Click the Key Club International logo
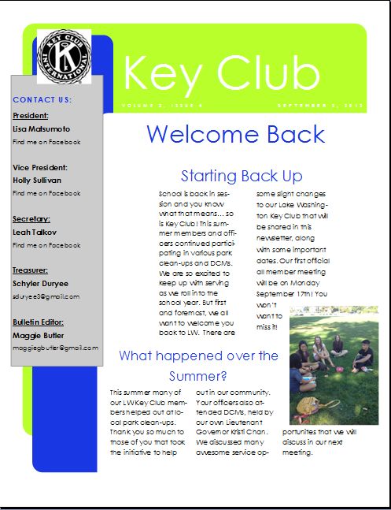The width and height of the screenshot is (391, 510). pos(63,57)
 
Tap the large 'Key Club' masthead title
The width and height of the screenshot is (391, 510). pos(222,74)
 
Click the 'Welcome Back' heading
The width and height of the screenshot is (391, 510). pos(235,134)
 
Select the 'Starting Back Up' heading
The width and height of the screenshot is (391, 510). pos(241,176)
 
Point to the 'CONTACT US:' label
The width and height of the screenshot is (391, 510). pos(42,100)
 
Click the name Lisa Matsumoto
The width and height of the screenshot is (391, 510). pos(42,128)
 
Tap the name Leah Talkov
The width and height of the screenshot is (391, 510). pos(35,233)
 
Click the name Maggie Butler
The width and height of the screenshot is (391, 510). pos(37,335)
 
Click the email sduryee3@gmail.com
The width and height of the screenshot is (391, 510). pos(46,296)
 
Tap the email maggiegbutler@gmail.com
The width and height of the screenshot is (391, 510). pos(56,348)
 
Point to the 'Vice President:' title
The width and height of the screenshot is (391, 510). pos(40,167)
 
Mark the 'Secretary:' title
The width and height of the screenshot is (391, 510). pos(31,219)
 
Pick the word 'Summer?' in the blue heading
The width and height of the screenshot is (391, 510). pos(198,376)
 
